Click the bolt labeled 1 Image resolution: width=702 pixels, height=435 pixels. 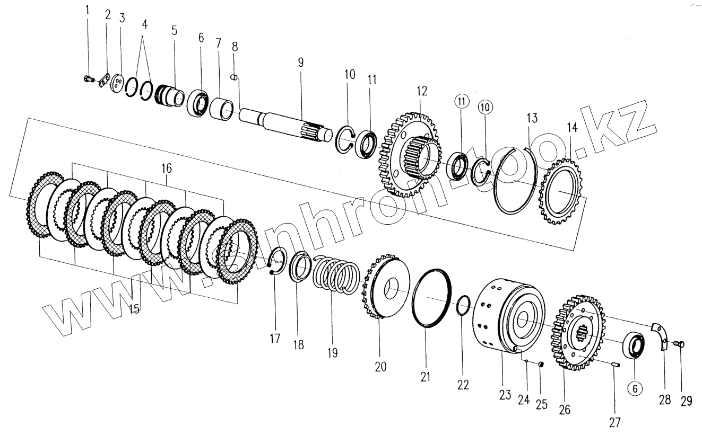point(88,79)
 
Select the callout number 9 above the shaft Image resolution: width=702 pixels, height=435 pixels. point(301,63)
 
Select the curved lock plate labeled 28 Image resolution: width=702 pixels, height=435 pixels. point(659,336)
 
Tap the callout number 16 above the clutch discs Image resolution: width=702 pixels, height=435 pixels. point(167,169)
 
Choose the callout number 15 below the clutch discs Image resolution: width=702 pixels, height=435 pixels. point(134,308)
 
